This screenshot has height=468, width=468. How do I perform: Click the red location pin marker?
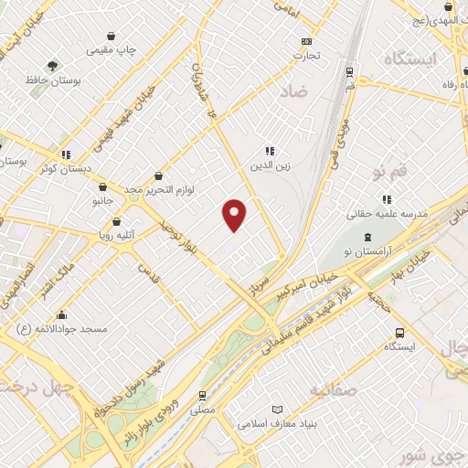tap(235, 215)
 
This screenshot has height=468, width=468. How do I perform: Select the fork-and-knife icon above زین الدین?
tap(269, 152)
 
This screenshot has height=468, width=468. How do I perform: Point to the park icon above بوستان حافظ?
tap(52, 65)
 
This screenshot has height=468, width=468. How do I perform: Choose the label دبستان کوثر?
tap(57, 170)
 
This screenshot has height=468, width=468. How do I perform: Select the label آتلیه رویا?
tap(116, 236)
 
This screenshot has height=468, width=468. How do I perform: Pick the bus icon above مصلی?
tap(201, 396)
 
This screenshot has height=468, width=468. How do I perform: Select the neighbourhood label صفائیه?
tap(332, 391)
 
